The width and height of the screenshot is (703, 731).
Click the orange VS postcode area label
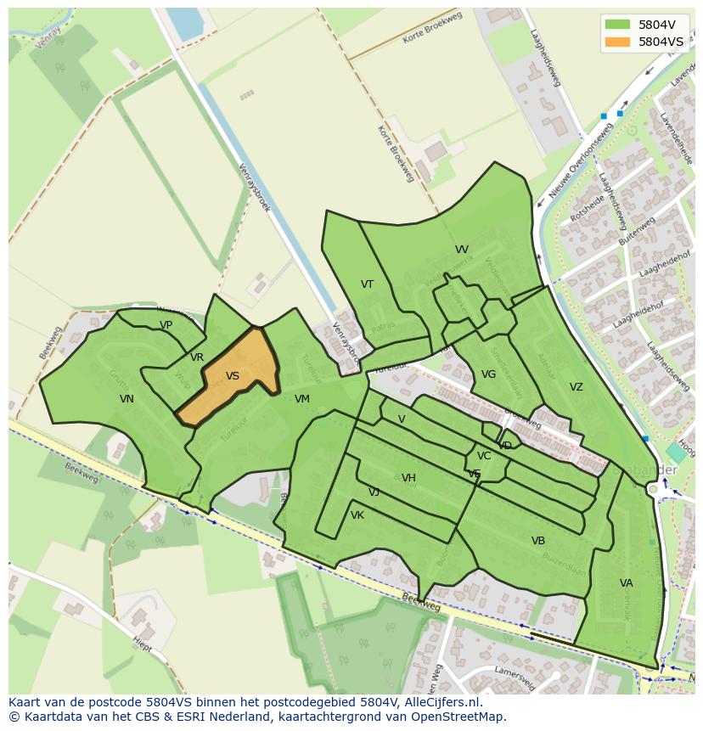233,376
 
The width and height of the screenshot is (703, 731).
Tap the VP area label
166,325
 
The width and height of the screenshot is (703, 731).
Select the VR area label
197,357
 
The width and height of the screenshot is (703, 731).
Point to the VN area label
127,399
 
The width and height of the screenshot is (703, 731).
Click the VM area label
302,399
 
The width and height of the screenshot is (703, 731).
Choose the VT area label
367,284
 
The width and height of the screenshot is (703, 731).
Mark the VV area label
462,250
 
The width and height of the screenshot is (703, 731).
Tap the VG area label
488,374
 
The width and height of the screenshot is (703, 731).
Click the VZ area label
576,387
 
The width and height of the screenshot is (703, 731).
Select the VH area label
408,478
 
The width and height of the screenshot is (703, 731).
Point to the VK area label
357,515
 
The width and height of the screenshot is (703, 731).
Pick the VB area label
538,541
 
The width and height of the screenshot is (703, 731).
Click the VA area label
627,583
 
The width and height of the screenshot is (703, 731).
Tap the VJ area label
374,492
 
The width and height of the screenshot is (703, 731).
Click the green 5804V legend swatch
617,24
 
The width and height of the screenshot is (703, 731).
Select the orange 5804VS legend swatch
617,41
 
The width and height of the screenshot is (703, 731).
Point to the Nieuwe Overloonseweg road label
581,160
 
